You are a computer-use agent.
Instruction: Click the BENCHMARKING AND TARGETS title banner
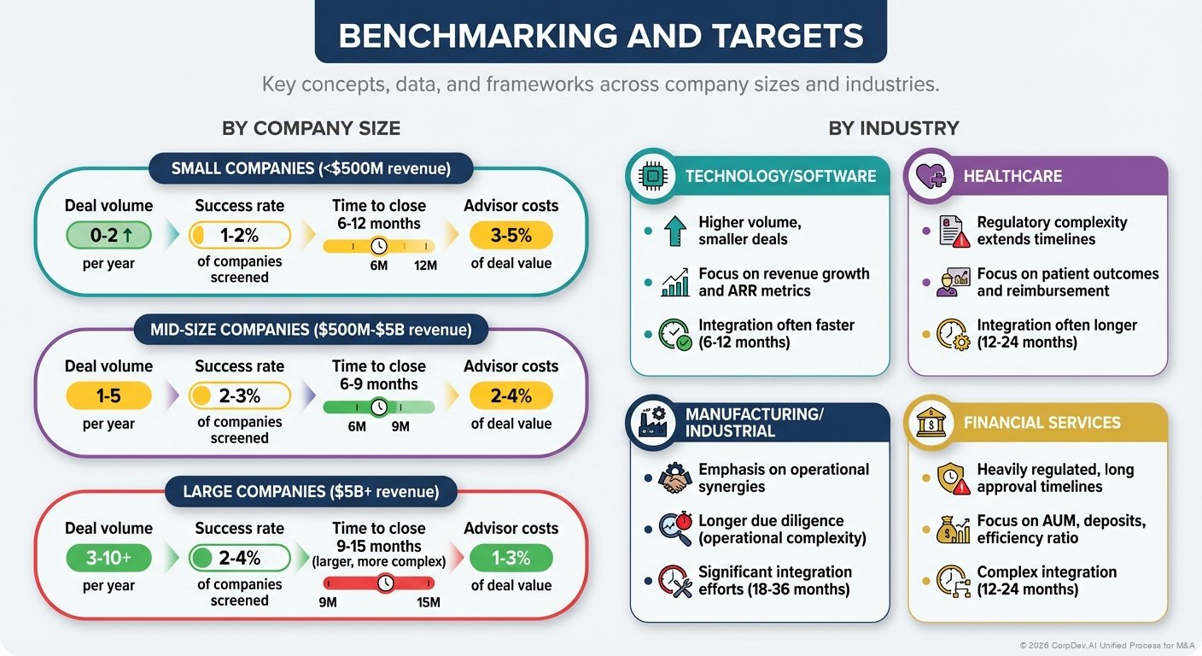click(x=600, y=35)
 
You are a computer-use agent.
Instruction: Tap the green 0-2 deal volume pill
click(x=108, y=234)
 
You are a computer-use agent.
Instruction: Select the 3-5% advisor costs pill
click(x=511, y=235)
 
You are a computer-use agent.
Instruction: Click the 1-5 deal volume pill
click(x=108, y=395)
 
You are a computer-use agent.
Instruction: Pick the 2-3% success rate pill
click(x=240, y=395)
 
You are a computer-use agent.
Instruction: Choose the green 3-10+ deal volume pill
click(x=108, y=558)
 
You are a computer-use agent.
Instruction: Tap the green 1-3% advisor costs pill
click(x=511, y=558)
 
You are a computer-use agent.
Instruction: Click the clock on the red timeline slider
click(x=386, y=583)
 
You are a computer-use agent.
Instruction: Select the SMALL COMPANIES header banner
click(x=311, y=168)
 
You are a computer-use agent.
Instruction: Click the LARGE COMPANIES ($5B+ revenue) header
click(x=311, y=491)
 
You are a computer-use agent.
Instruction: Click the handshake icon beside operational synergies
click(x=674, y=478)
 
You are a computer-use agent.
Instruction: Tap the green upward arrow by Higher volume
click(x=674, y=231)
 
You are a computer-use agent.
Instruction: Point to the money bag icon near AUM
click(x=953, y=530)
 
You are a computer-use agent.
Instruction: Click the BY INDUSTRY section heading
click(x=893, y=128)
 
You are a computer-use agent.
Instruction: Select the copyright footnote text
click(x=1106, y=645)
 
